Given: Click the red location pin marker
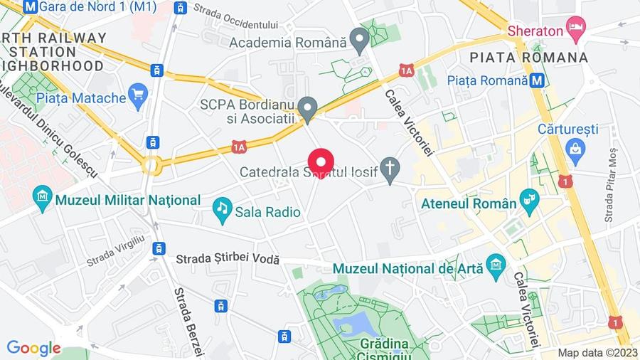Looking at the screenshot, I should point(320,161).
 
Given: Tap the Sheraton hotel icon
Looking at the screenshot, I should point(575,31).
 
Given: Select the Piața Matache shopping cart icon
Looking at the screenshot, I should point(138,94).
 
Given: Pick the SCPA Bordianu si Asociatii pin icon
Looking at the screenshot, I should point(307,107).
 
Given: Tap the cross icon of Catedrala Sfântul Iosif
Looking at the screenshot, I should point(390,169).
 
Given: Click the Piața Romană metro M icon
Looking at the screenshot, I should point(538,80).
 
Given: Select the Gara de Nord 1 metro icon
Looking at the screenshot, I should point(31,6).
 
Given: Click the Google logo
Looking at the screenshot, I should point(33,348).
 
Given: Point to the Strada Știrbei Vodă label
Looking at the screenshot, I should point(228,261).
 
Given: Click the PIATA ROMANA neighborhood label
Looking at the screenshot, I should point(529,57).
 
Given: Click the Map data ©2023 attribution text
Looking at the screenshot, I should point(597,353).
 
